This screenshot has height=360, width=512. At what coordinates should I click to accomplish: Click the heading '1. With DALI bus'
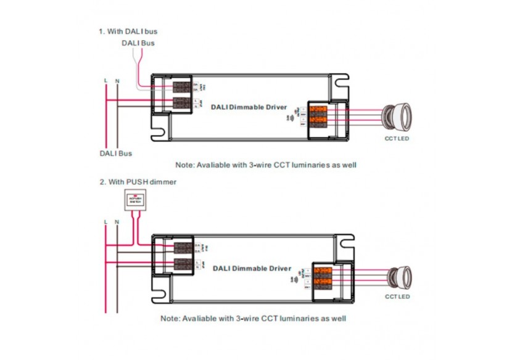(131, 31)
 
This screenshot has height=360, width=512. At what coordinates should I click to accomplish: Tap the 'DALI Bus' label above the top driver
(138, 43)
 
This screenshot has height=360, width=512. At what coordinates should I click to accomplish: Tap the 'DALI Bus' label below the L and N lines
(115, 153)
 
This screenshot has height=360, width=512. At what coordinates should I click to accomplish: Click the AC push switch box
(134, 200)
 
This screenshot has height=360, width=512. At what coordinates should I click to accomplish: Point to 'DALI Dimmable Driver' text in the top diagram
(249, 107)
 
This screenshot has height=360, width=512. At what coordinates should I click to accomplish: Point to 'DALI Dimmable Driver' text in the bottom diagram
(252, 269)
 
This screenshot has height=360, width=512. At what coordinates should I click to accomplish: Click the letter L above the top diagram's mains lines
(106, 81)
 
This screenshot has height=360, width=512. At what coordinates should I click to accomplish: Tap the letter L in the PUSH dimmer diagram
(106, 221)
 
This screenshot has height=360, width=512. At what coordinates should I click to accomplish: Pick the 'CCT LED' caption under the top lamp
(397, 139)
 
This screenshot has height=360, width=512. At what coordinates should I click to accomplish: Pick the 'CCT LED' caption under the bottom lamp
(397, 297)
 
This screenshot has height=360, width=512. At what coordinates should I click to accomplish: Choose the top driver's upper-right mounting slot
(340, 80)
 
